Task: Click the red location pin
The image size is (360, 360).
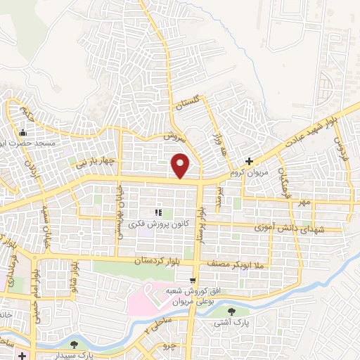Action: click(x=181, y=166)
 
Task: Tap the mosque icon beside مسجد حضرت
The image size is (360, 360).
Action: click(x=22, y=133)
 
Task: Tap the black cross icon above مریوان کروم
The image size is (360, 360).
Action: click(x=249, y=161)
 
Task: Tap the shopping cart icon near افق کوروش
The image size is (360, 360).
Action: click(x=148, y=289)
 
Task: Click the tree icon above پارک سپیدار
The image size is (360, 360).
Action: click(x=74, y=345)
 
